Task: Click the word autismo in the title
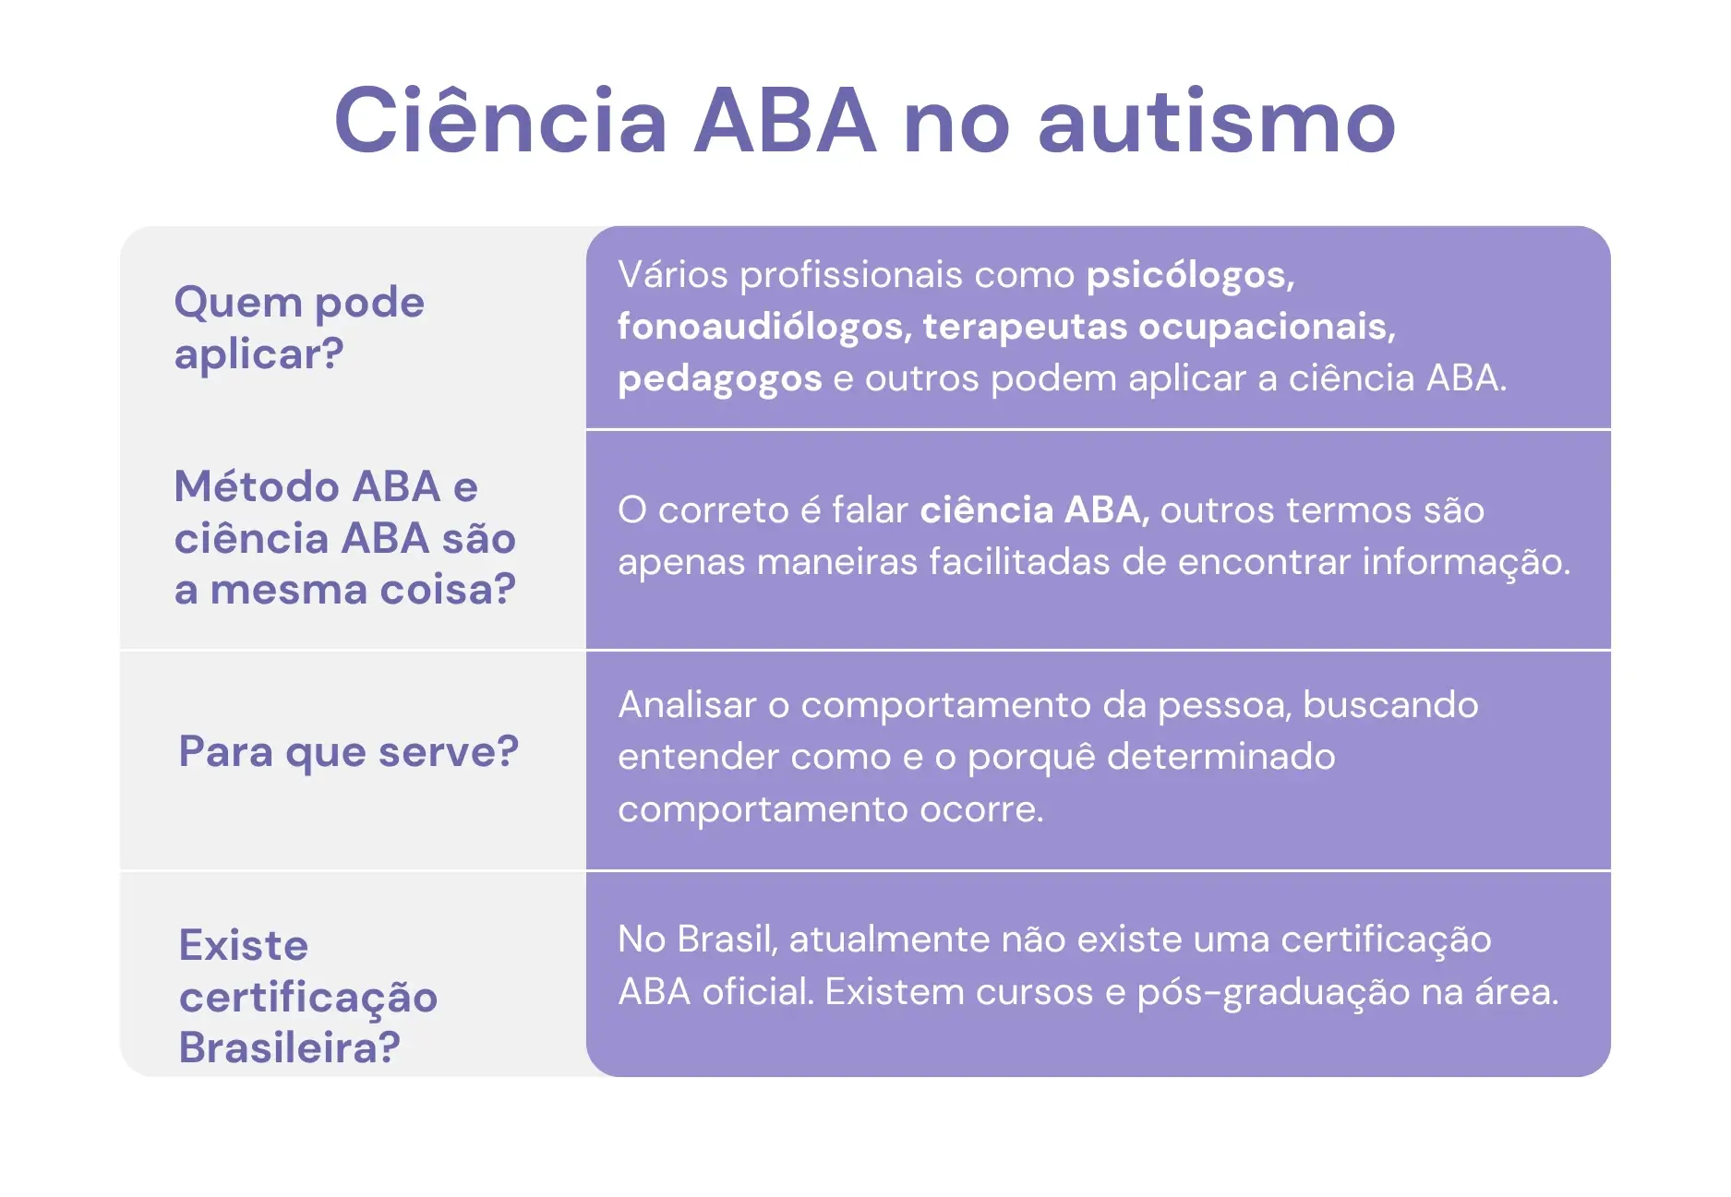(x=1217, y=122)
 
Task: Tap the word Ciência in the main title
(x=500, y=122)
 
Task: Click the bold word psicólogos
(x=1189, y=275)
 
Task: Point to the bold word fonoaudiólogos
(x=759, y=327)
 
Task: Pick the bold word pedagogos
(x=719, y=378)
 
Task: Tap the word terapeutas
(x=1025, y=327)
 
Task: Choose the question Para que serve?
(x=348, y=752)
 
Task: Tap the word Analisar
(x=687, y=705)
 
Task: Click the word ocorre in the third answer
(x=980, y=809)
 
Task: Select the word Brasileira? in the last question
(x=289, y=1047)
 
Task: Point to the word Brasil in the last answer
(x=727, y=940)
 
